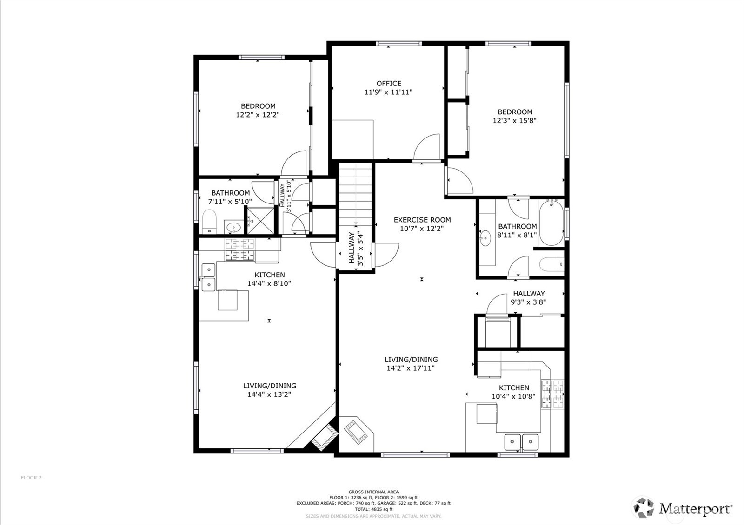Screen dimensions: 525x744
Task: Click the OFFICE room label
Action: click(x=389, y=84)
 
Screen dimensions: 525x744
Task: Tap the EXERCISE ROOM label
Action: click(x=422, y=220)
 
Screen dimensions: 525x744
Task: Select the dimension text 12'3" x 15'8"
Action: click(x=515, y=120)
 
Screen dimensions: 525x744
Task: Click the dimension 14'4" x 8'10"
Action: click(x=269, y=283)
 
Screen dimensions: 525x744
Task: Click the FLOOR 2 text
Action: click(x=31, y=478)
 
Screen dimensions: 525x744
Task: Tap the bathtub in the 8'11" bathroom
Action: click(x=551, y=223)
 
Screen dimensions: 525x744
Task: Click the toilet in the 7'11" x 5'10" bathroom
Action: click(x=210, y=222)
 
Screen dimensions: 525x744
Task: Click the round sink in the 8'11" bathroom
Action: click(x=485, y=238)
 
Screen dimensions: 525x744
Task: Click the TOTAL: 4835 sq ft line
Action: click(x=373, y=509)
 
